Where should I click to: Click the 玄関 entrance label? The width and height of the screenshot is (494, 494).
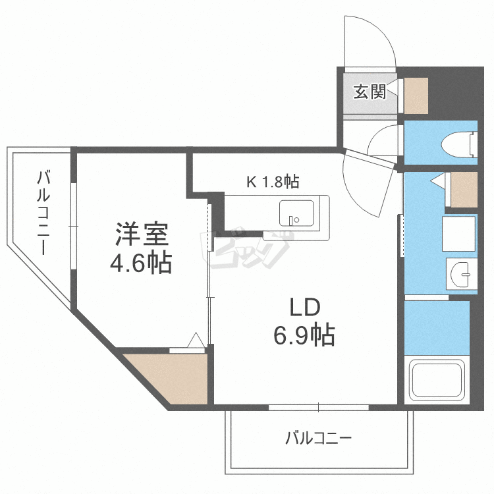[x=370, y=92]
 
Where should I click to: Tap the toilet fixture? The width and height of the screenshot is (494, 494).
[x=461, y=144]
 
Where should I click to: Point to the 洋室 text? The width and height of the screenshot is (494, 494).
[x=142, y=235]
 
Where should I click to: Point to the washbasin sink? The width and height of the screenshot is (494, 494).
[x=462, y=272]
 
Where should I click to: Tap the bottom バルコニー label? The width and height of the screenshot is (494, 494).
[x=319, y=438]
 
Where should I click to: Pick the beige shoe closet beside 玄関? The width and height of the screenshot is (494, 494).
[x=416, y=95]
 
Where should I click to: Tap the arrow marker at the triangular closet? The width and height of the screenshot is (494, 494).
[x=196, y=341]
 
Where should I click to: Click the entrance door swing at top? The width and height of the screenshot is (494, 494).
[x=369, y=40]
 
